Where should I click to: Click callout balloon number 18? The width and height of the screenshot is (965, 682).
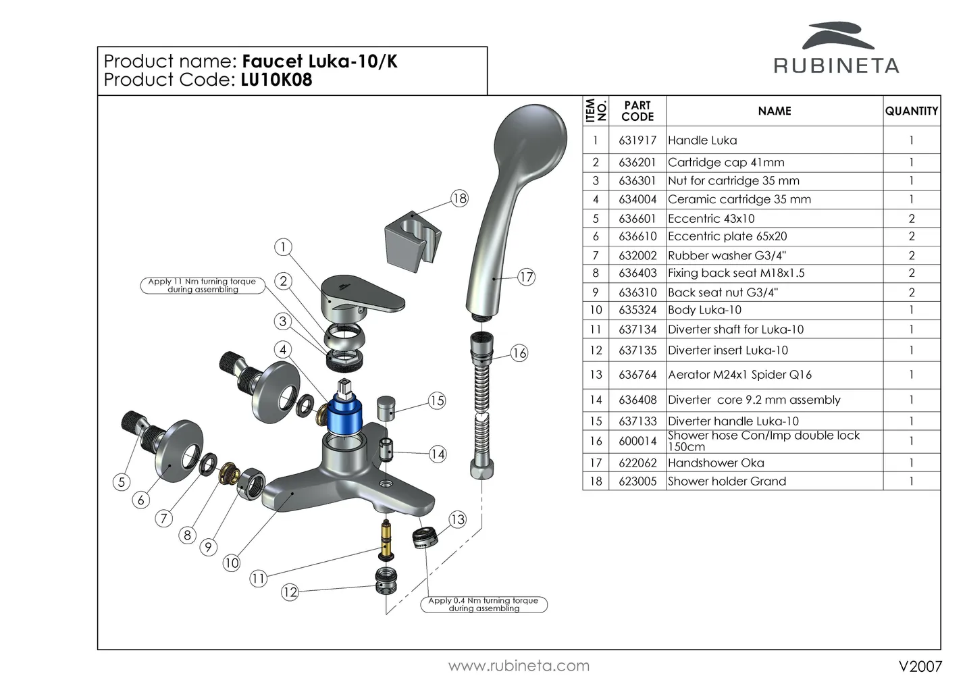[459, 199]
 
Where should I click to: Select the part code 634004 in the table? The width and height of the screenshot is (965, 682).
[637, 199]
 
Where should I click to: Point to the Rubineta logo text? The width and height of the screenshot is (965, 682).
[836, 65]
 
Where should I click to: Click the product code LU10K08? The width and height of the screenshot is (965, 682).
[276, 80]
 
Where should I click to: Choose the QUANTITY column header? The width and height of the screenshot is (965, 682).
[911, 111]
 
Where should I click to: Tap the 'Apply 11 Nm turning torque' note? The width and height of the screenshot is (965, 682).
[203, 285]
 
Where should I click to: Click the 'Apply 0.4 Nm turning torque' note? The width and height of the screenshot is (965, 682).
[484, 604]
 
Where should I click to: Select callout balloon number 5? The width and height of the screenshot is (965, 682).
[122, 481]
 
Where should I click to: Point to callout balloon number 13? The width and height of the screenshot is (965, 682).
[458, 519]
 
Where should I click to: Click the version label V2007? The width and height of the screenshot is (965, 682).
[920, 666]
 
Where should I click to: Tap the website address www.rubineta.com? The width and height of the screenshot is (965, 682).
[519, 666]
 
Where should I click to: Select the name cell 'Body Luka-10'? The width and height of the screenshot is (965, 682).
[704, 310]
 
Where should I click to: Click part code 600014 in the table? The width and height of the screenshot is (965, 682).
[637, 441]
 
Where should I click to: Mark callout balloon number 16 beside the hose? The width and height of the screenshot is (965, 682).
[519, 353]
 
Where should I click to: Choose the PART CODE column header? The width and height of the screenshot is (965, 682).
[637, 111]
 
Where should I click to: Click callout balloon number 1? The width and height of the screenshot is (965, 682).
[284, 247]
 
